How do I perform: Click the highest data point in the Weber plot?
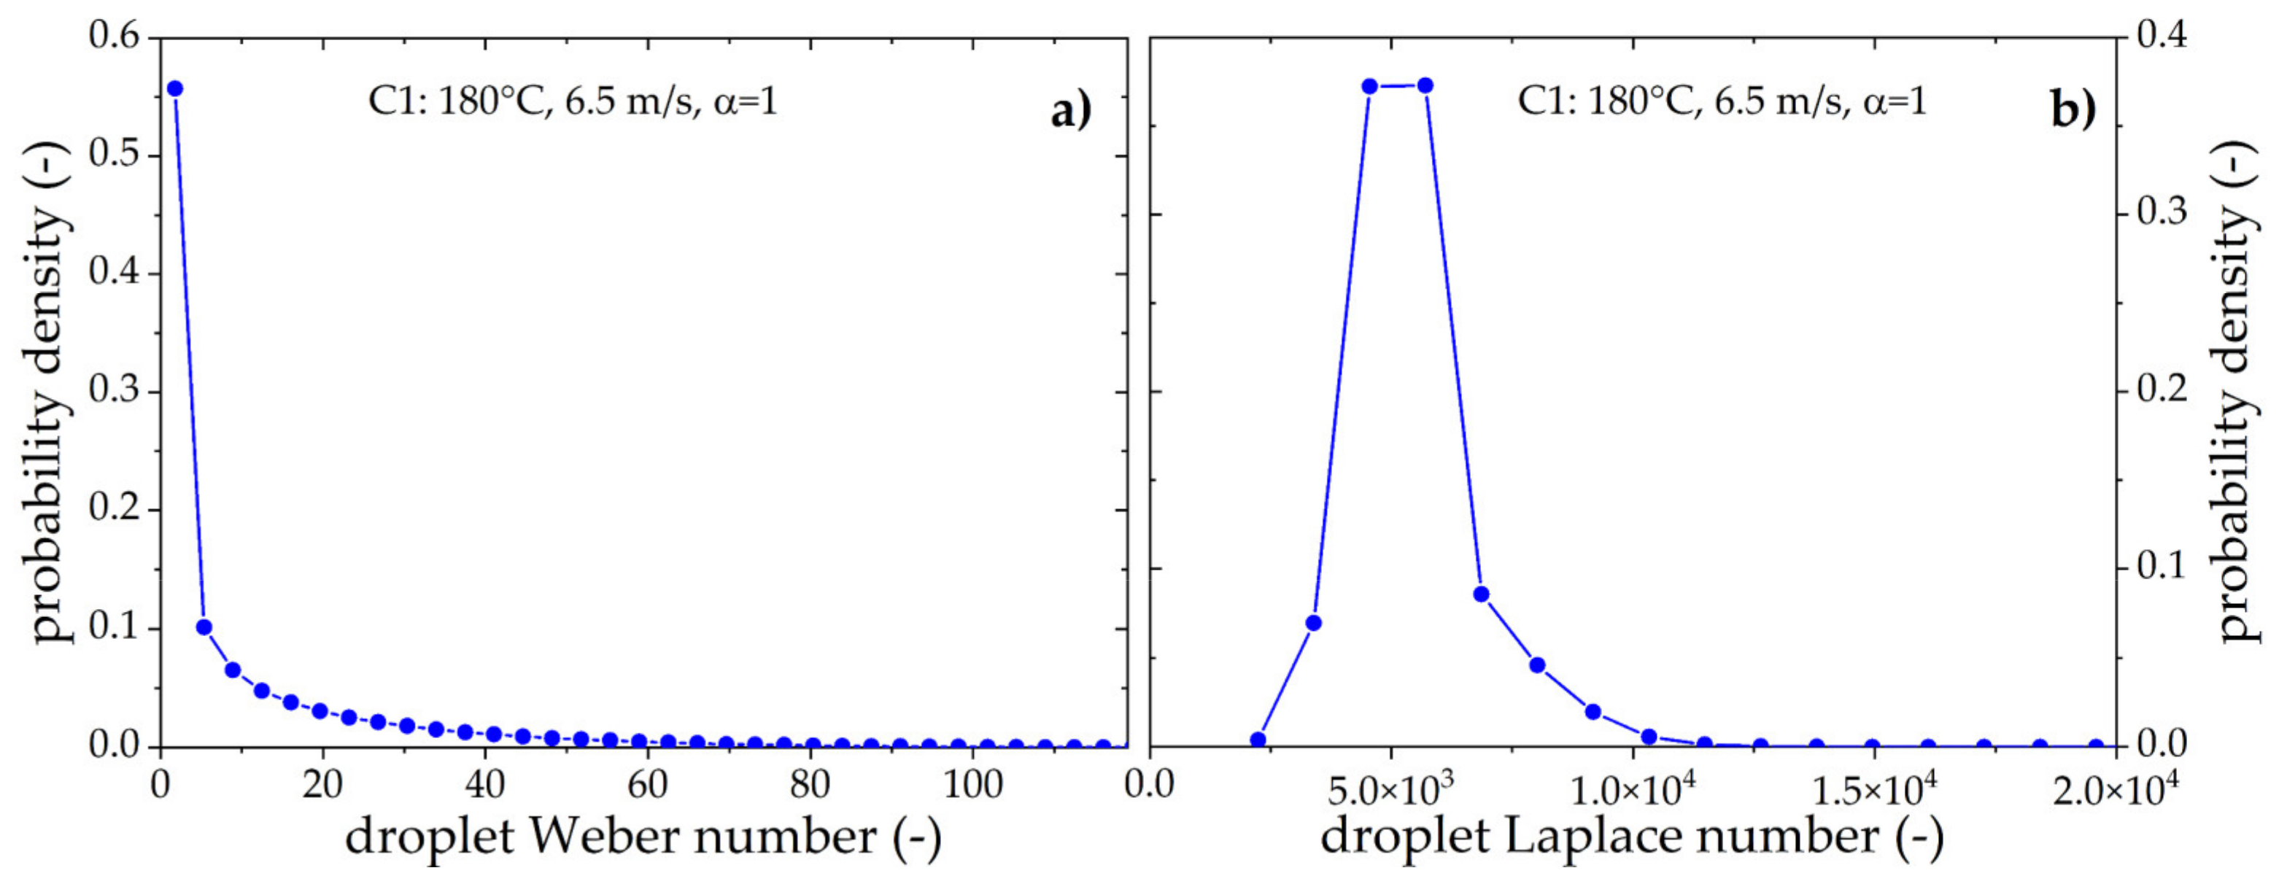click(x=174, y=88)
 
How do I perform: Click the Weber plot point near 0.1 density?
click(x=204, y=627)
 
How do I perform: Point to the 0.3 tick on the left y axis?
click(x=114, y=391)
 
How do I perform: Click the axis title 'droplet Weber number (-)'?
click(x=643, y=836)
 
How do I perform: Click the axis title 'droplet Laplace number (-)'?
click(x=1632, y=836)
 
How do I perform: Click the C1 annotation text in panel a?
click(x=573, y=103)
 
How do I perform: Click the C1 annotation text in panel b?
click(x=1722, y=103)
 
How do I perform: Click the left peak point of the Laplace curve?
click(x=1369, y=86)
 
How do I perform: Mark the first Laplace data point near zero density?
click(x=1258, y=740)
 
